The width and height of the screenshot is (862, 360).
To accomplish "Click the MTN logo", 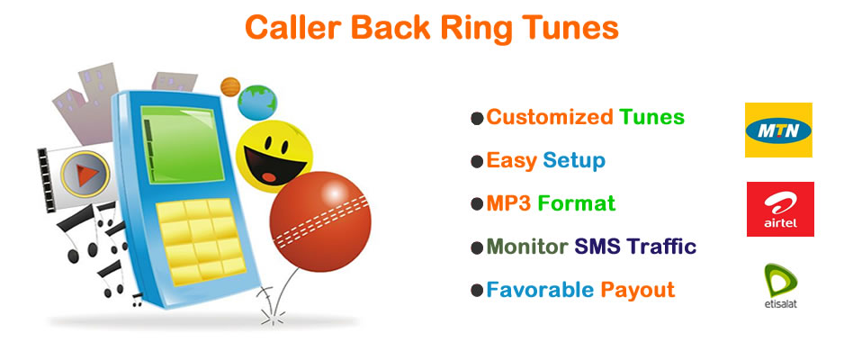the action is [778, 130].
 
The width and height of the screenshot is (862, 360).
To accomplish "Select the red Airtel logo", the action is [780, 210].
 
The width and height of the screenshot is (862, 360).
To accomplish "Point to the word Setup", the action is [574, 161].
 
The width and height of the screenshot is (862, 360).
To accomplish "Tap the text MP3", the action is [508, 203].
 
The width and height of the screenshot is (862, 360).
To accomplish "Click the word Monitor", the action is [527, 247].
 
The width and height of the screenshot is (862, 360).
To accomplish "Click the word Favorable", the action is [540, 289].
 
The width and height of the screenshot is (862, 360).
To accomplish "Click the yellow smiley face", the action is [274, 156].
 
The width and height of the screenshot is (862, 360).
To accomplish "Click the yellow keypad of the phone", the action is [202, 240].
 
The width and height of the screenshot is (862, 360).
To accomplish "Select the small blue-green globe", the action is [257, 103].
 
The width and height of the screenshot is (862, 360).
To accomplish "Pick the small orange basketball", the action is [230, 86].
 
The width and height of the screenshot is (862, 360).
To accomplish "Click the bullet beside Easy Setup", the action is [477, 162].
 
